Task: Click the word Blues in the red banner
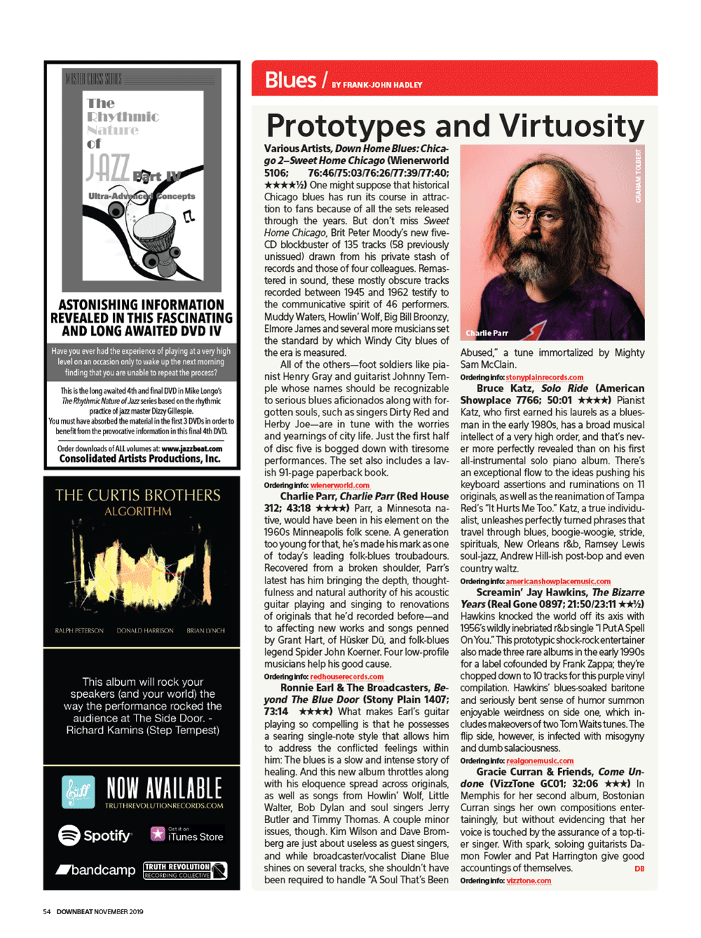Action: (x=290, y=81)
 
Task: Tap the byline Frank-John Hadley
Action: (x=377, y=85)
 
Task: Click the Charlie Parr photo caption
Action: (x=487, y=333)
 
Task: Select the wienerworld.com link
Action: (x=340, y=485)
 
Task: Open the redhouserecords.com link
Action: (x=347, y=677)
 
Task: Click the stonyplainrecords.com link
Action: (x=544, y=377)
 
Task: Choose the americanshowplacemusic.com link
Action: (x=557, y=581)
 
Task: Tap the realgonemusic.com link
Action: (x=539, y=761)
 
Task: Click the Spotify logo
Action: (x=95, y=835)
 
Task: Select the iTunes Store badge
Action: (x=187, y=834)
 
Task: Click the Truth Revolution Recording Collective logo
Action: (x=185, y=870)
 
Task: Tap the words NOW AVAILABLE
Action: (x=164, y=788)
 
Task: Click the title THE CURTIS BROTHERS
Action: (x=138, y=495)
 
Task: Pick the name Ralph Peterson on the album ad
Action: (x=79, y=630)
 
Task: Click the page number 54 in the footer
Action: (x=46, y=911)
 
